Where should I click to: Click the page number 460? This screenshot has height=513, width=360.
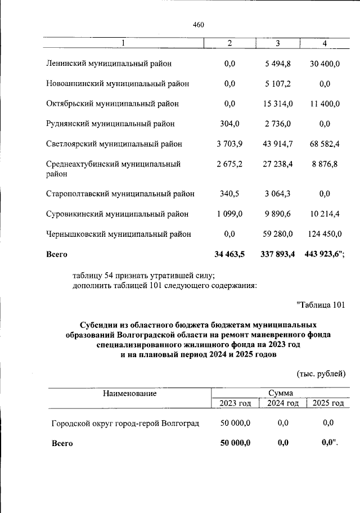[198, 25]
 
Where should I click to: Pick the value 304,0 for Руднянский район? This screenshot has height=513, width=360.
[229, 124]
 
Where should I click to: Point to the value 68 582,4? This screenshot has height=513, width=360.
[324, 144]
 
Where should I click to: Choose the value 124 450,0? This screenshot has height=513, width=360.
[324, 234]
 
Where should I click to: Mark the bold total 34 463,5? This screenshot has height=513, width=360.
[229, 254]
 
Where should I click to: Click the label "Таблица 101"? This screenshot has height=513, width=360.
[320, 305]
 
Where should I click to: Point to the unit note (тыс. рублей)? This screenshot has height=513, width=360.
[321, 373]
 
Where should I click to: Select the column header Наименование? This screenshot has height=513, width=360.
[129, 394]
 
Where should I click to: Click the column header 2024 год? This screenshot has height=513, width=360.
[282, 403]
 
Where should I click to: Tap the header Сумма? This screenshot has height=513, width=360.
[280, 393]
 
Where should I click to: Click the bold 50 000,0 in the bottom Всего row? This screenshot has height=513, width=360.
[235, 443]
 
